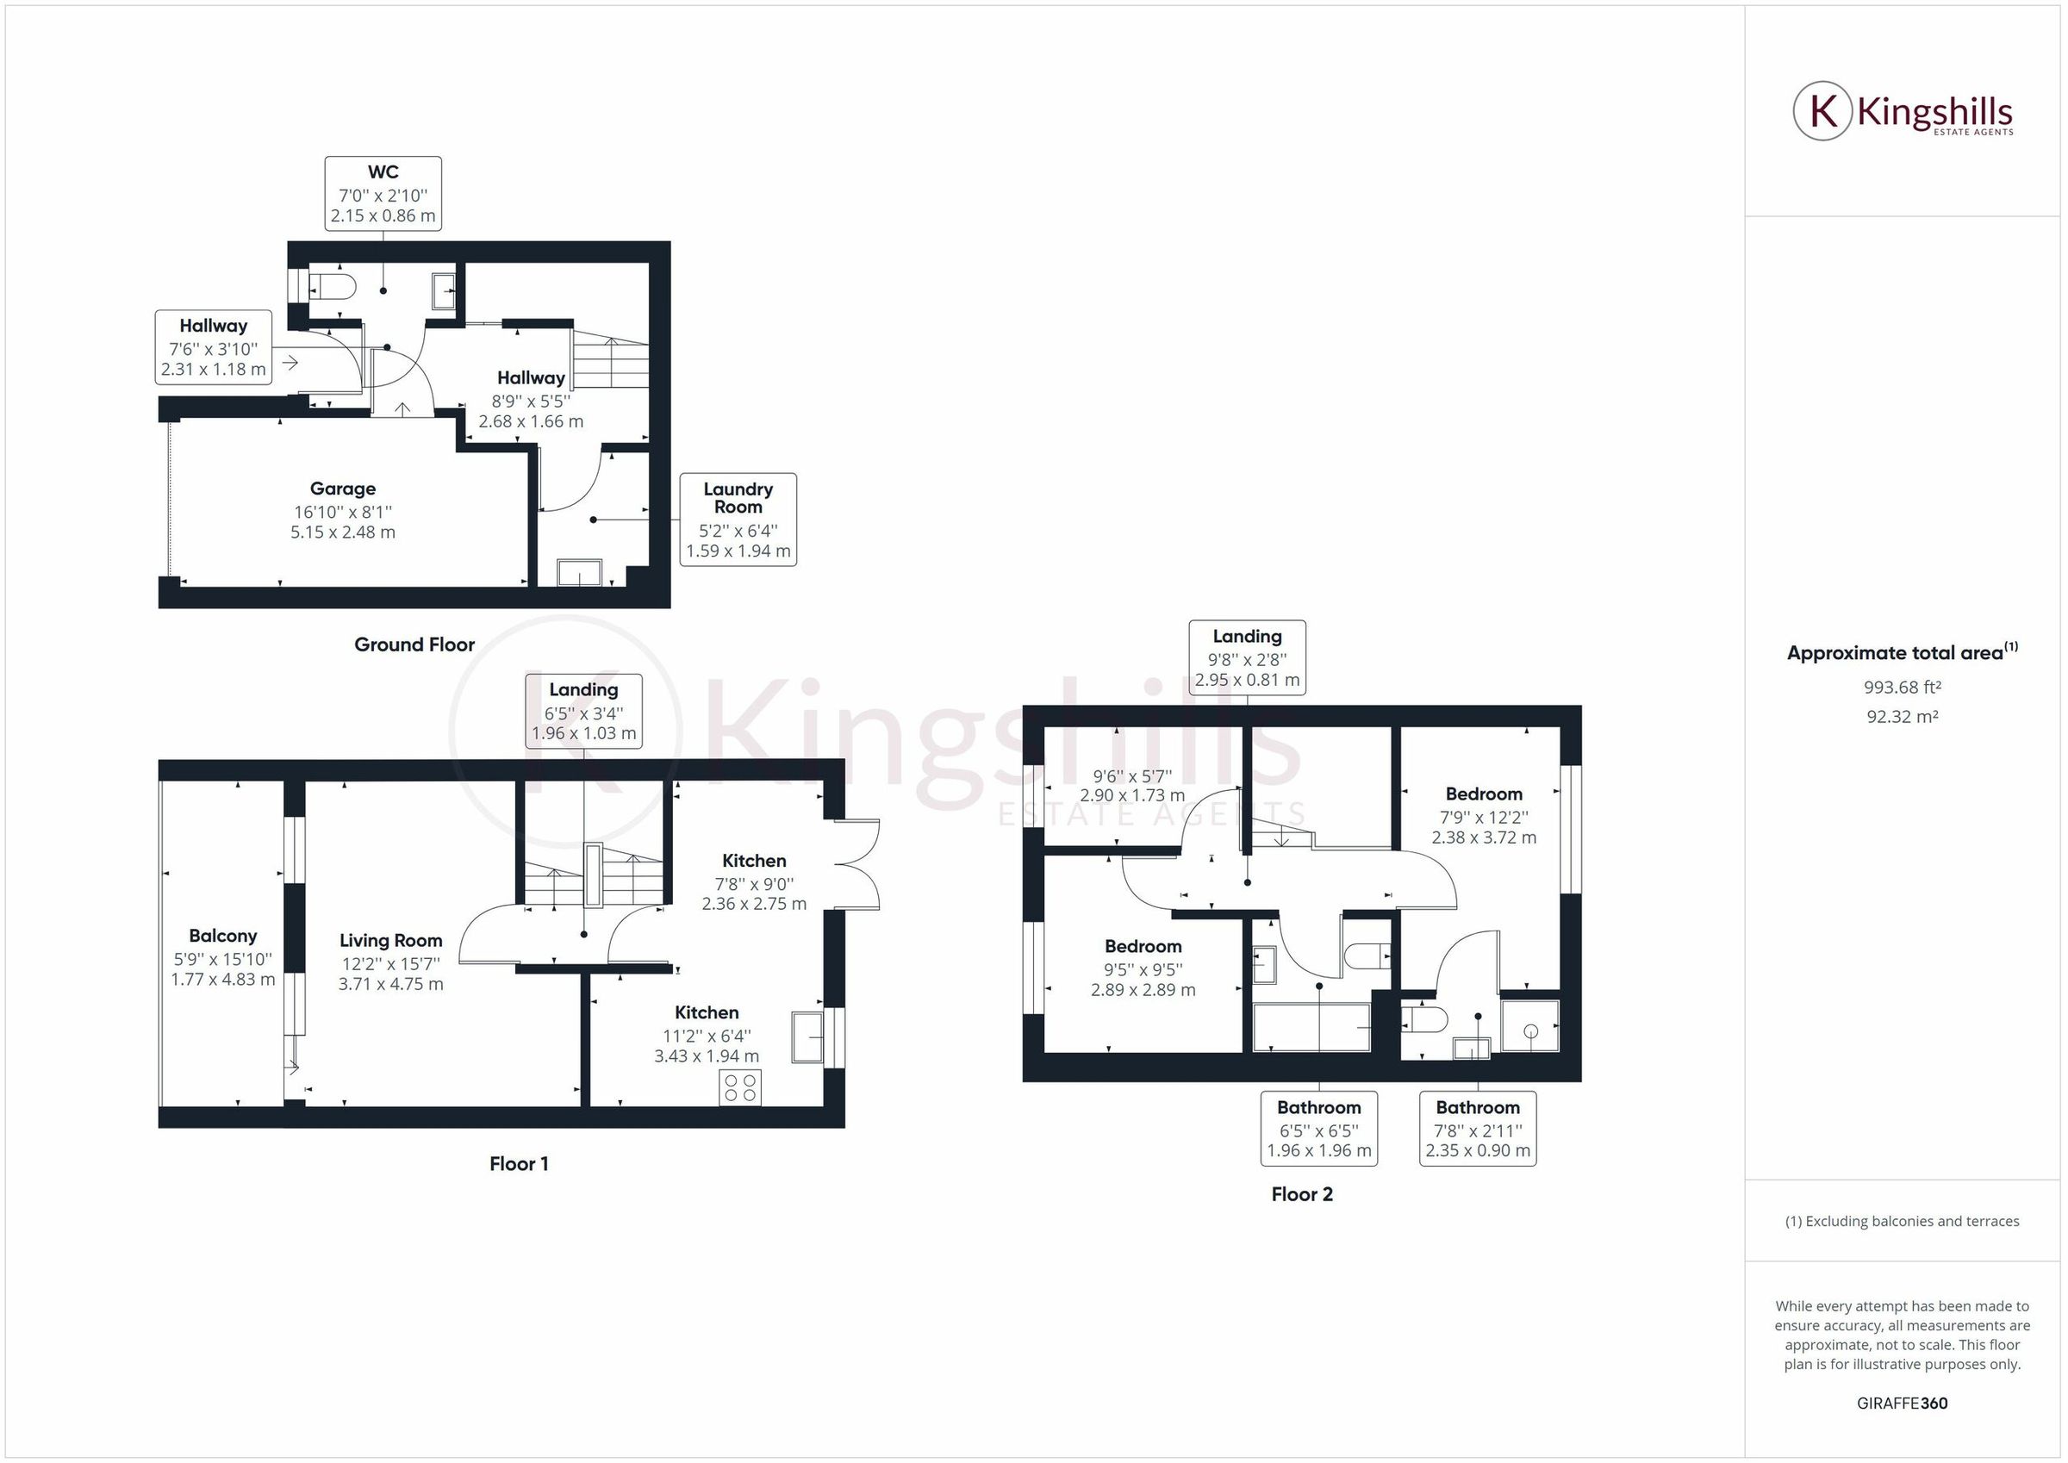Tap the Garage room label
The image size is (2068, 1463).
[x=342, y=510]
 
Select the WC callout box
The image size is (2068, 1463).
[x=383, y=194]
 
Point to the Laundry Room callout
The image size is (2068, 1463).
[x=738, y=519]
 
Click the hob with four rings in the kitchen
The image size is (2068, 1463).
[x=739, y=1087]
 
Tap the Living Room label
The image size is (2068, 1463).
[x=390, y=962]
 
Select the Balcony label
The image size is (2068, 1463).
[x=222, y=956]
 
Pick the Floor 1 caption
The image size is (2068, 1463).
[x=518, y=1164]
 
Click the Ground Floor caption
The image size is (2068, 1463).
[x=414, y=644]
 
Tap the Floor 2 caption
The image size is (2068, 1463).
[x=1300, y=1194]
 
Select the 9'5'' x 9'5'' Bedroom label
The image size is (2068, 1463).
[x=1142, y=968]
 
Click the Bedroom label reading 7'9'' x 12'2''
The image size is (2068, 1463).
[x=1484, y=815]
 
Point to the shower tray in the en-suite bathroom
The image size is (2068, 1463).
[x=1529, y=1025]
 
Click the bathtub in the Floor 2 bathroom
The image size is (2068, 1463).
[x=1311, y=1027]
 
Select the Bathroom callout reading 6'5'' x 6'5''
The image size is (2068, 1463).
[x=1318, y=1128]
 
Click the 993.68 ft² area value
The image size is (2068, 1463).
[x=1902, y=688]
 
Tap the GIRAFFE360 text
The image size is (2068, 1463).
[x=1902, y=1403]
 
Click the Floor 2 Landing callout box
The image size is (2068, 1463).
[x=1247, y=657]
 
